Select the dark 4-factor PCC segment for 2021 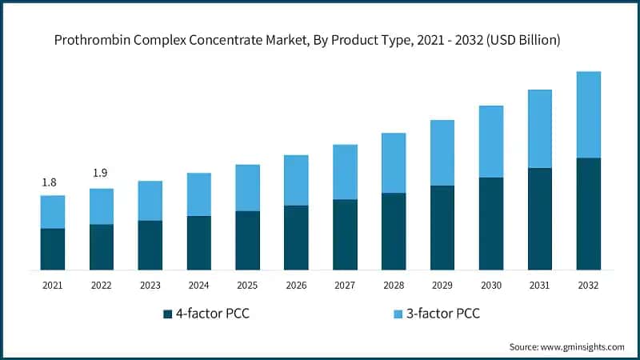point(53,249)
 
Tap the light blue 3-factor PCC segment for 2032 point(589,114)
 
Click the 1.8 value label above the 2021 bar point(49,182)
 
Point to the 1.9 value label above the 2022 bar point(100,173)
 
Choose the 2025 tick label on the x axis point(247,285)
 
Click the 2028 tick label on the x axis point(394,285)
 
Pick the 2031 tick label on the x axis point(540,285)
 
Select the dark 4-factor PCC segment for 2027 point(345,234)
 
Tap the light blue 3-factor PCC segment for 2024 point(198,194)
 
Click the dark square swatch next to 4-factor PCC point(167,313)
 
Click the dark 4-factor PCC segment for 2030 point(491,223)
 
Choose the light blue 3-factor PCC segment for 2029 point(442,153)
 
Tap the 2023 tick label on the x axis point(150,285)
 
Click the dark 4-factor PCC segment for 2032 point(589,214)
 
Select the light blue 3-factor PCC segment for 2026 point(296,180)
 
